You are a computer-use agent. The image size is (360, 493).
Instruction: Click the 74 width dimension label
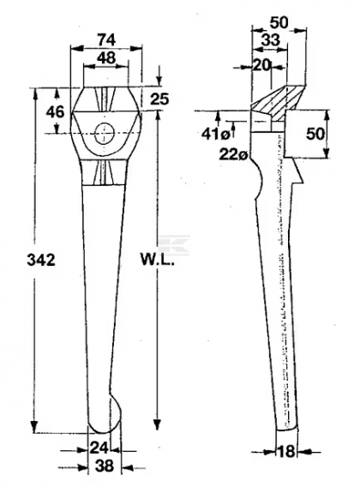[x=106, y=40]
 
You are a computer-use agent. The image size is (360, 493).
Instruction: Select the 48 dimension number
[x=106, y=58]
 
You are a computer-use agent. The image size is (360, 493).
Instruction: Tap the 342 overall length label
[x=41, y=261]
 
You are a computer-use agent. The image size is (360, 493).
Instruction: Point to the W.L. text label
[x=157, y=260]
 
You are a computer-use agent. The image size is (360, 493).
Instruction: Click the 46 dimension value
[x=56, y=112]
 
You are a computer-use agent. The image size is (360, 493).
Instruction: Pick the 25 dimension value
[x=159, y=99]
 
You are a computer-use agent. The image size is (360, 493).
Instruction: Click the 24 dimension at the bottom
[x=99, y=447]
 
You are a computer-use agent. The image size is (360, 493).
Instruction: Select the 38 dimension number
[x=104, y=466]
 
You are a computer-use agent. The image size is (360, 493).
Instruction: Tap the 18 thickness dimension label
[x=286, y=452]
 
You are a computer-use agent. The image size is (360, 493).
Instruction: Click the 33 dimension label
[x=270, y=40]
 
